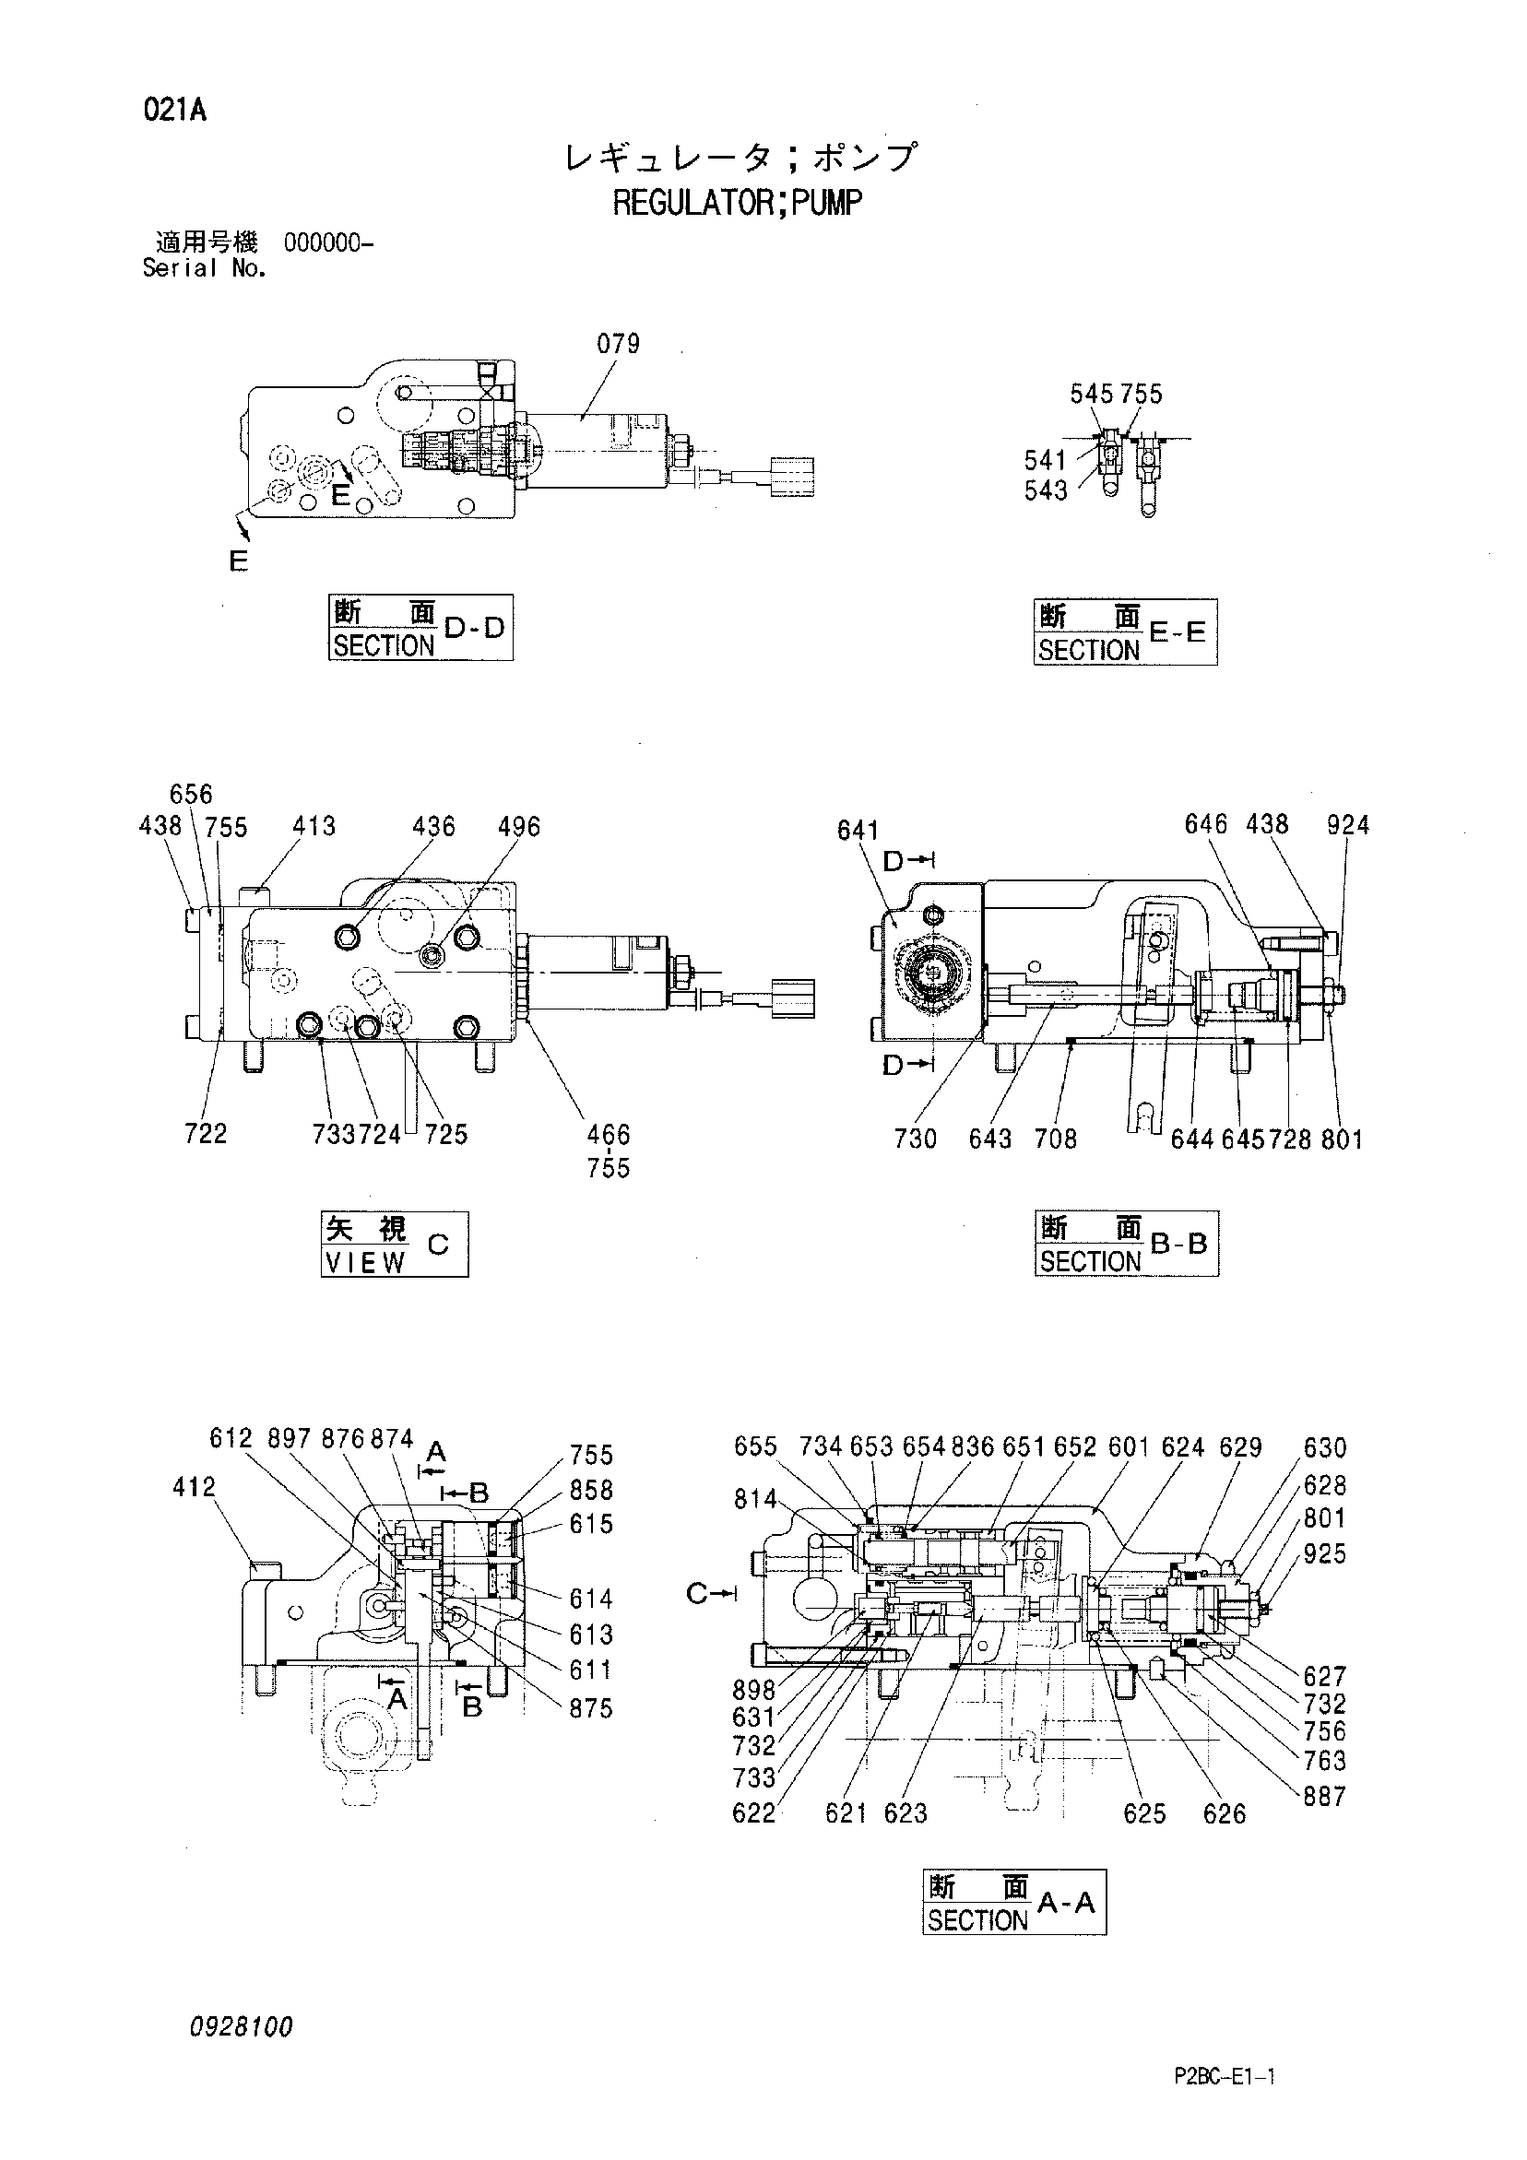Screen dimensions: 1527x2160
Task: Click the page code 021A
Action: (175, 111)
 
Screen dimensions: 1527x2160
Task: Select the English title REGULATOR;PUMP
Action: (738, 202)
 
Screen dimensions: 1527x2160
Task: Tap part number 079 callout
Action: (618, 344)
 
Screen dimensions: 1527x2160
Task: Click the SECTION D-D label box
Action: (420, 628)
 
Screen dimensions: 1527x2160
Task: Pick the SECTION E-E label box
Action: (1125, 632)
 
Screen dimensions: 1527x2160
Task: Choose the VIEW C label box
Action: (395, 1245)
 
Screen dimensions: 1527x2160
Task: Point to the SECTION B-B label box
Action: (1126, 1244)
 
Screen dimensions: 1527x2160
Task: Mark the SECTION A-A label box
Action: (1014, 1901)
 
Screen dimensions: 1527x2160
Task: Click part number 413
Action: (314, 826)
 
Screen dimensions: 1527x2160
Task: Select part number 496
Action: (519, 827)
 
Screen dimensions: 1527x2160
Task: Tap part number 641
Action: (858, 831)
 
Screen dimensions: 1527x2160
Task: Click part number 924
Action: (1348, 825)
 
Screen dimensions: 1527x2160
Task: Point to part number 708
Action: (1055, 1139)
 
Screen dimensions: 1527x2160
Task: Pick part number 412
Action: (195, 1487)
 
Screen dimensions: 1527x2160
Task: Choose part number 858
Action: (591, 1490)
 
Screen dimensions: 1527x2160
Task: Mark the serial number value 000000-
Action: (328, 243)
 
